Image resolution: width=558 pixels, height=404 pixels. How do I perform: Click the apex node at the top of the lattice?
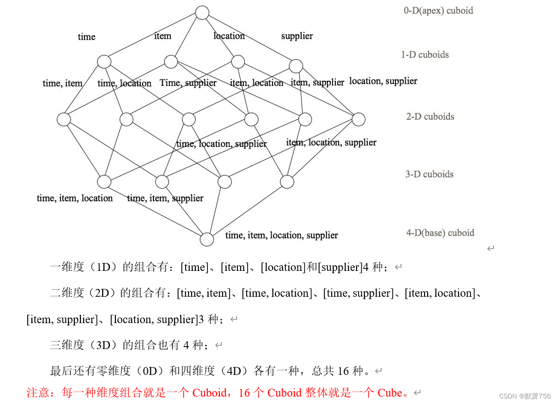pyautogui.click(x=202, y=12)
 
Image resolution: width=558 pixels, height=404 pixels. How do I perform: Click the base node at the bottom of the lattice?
pyautogui.click(x=207, y=239)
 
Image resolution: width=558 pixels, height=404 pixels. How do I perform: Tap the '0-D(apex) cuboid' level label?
pyautogui.click(x=438, y=11)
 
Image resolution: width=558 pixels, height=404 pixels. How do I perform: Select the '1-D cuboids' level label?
pyautogui.click(x=425, y=55)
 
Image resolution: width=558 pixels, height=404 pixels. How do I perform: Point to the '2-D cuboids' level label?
pyautogui.click(x=430, y=116)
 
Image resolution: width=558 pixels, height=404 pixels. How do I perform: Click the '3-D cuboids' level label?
pyautogui.click(x=430, y=174)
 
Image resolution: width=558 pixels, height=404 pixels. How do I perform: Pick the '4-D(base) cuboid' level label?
pyautogui.click(x=440, y=233)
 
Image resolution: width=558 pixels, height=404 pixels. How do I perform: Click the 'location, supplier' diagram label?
pyautogui.click(x=383, y=81)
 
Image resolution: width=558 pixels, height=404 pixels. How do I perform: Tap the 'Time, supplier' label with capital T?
pyautogui.click(x=188, y=83)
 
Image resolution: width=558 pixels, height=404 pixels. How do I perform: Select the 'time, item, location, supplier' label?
pyautogui.click(x=281, y=235)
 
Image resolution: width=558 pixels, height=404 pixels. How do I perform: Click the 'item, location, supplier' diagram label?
pyautogui.click(x=331, y=142)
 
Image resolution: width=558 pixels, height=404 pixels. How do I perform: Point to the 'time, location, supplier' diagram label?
pyautogui.click(x=221, y=144)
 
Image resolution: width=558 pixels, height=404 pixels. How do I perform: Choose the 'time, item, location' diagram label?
pyautogui.click(x=75, y=198)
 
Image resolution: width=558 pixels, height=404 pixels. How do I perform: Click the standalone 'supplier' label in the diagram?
pyautogui.click(x=297, y=36)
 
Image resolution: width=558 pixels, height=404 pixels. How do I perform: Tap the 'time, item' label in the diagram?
pyautogui.click(x=62, y=83)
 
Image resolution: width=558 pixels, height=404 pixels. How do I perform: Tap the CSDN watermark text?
pyautogui.click(x=525, y=396)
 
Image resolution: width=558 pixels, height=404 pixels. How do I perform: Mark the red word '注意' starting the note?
pyautogui.click(x=38, y=393)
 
